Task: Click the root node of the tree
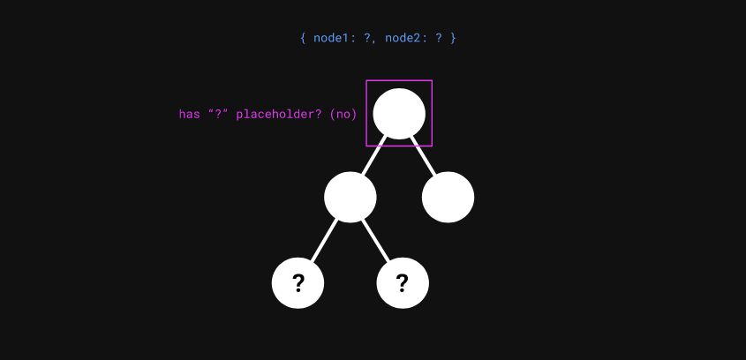(399, 114)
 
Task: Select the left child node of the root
(350, 197)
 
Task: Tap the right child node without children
(448, 197)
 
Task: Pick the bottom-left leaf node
(298, 283)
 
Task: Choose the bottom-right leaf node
(403, 283)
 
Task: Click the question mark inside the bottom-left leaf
(298, 283)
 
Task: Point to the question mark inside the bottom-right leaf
(403, 283)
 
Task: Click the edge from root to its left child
(374, 156)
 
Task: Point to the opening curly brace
(303, 39)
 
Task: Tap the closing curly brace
(453, 39)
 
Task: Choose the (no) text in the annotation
(343, 115)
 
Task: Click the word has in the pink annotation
(189, 115)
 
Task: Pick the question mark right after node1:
(366, 39)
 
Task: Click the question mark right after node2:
(438, 39)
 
